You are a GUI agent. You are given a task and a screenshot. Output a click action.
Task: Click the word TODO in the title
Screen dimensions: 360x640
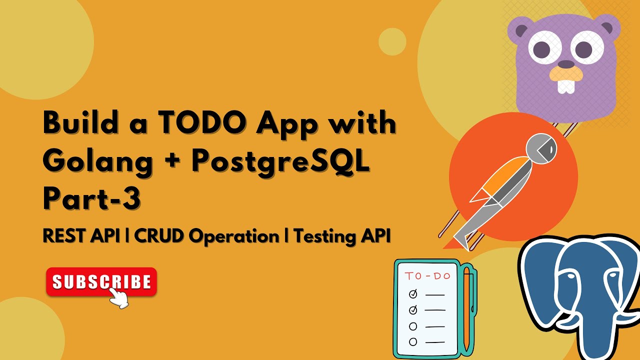[187, 123]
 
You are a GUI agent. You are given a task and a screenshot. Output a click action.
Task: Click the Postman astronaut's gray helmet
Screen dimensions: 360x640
[542, 148]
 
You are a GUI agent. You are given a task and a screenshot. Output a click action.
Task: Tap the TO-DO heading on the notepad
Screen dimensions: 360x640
[427, 276]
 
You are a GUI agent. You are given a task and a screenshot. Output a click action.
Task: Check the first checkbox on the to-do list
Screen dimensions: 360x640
[413, 294]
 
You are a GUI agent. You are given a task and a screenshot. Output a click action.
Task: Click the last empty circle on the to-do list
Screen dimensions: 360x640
[413, 342]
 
